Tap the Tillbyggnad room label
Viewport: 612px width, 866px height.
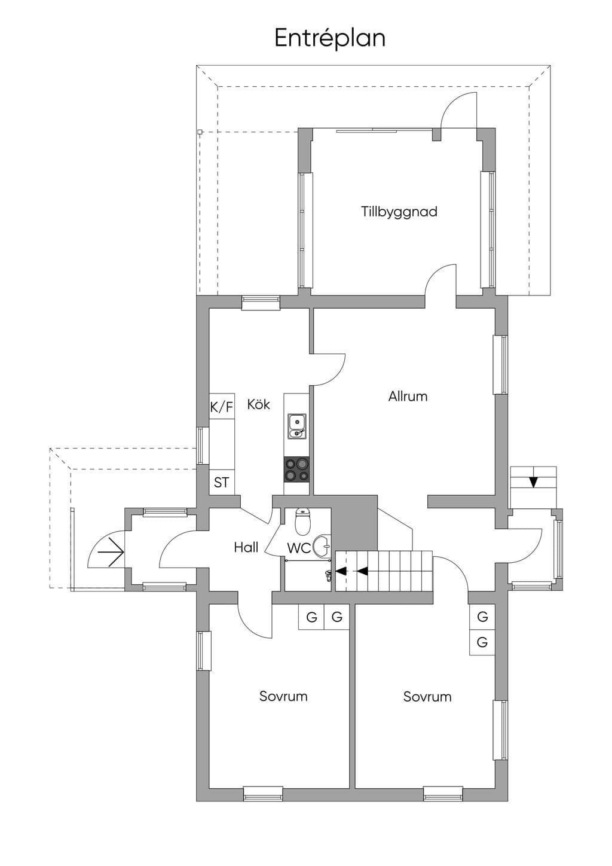(399, 212)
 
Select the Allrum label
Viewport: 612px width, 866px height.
(408, 397)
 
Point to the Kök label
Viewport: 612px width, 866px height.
(258, 404)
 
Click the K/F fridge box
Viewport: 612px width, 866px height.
(222, 406)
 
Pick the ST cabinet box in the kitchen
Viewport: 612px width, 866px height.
(222, 482)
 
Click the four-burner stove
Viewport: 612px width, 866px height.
(296, 469)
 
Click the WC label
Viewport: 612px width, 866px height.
(299, 548)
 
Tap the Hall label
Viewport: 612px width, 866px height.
(246, 547)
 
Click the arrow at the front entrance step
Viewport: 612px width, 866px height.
(111, 552)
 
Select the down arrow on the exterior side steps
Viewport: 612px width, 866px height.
(534, 482)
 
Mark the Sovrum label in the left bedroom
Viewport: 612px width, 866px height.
(283, 696)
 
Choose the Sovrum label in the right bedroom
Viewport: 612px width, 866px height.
(427, 697)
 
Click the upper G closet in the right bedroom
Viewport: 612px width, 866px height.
(482, 617)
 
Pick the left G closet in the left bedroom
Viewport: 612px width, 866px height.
(311, 617)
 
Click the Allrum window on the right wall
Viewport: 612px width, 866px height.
(501, 365)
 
